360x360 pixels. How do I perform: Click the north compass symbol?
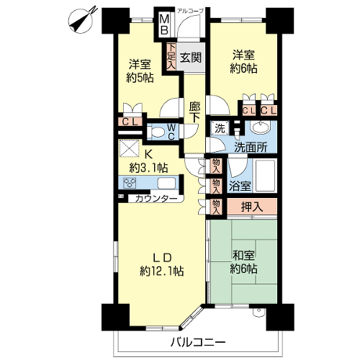click(x=82, y=20)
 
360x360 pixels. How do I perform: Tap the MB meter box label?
click(x=164, y=24)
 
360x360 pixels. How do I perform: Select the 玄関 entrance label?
click(x=191, y=58)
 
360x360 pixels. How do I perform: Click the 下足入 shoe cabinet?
click(x=171, y=57)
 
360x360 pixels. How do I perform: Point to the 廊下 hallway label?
click(x=194, y=112)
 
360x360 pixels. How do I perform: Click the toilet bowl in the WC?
click(x=156, y=132)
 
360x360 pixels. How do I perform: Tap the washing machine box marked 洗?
click(x=220, y=128)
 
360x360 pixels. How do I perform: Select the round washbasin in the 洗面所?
click(x=260, y=127)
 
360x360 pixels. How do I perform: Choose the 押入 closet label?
click(x=252, y=207)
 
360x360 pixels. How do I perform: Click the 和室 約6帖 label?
click(x=243, y=262)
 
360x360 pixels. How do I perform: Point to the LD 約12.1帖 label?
click(x=162, y=264)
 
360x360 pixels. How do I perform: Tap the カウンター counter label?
click(x=156, y=199)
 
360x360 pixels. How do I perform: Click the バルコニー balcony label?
click(x=198, y=342)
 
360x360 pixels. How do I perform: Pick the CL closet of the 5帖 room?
click(x=130, y=122)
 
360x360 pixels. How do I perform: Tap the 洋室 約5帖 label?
click(x=140, y=71)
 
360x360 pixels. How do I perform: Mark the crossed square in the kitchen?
click(x=129, y=148)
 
